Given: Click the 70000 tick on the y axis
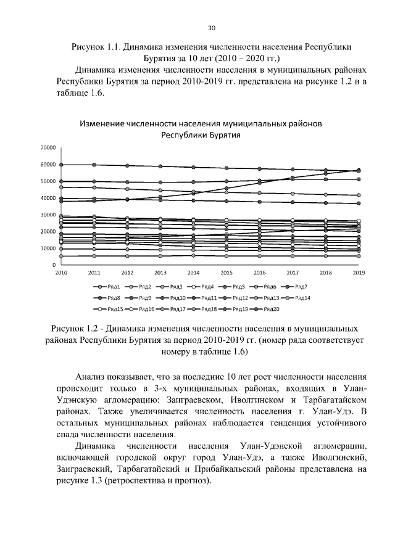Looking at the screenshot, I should point(47,148).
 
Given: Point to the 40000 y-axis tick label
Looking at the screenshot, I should point(47,198).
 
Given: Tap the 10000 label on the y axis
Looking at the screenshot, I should point(47,248).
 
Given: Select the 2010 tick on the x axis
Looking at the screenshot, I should point(61,272).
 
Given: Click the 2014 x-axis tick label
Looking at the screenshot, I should point(193,272).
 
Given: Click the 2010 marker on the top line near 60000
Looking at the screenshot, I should point(61,165).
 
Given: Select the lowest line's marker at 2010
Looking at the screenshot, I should point(61,256).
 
